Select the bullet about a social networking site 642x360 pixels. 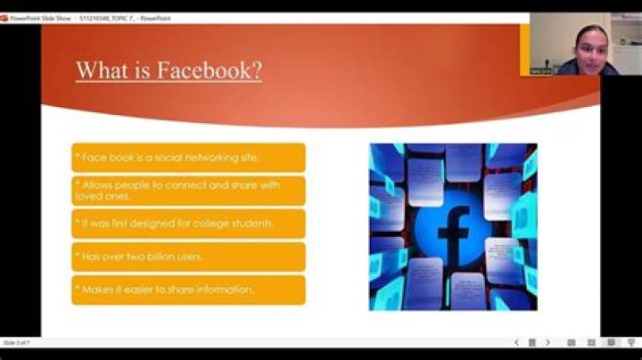tap(188, 158)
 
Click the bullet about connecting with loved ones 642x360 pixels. tap(188, 191)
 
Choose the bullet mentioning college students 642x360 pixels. tap(188, 224)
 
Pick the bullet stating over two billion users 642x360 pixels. tap(188, 257)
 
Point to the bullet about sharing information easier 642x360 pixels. tap(188, 290)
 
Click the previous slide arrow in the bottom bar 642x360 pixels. tap(516, 342)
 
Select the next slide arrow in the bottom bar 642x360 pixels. tap(547, 342)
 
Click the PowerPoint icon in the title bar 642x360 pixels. tap(5, 18)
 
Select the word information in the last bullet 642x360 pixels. tap(227, 290)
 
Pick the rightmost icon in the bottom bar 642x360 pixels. tap(630, 342)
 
